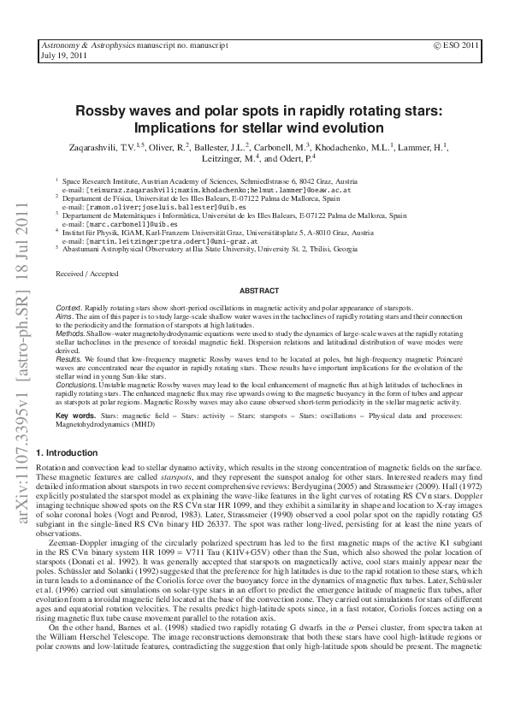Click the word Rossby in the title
(102, 111)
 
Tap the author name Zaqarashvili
(95, 148)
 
